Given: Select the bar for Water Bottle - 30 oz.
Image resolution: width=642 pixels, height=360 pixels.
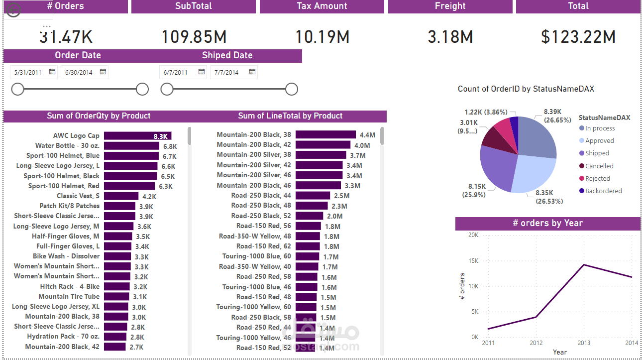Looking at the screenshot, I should [x=131, y=146].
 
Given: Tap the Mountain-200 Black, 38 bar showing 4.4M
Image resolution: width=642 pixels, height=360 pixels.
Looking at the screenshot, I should [x=325, y=135].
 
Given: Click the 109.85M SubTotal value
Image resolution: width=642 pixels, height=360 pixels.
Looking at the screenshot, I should [x=194, y=37].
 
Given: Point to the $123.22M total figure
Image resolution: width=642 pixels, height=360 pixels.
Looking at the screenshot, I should [x=578, y=37].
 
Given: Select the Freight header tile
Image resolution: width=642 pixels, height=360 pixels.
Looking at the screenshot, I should [x=450, y=6].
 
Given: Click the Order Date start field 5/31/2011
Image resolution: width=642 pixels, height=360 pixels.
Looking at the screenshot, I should [x=28, y=72].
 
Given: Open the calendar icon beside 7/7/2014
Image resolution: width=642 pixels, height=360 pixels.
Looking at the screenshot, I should [x=252, y=72].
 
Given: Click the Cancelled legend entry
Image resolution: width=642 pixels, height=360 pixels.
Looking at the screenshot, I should [x=599, y=166].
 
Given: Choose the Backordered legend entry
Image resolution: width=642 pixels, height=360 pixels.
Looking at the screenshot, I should [x=603, y=191].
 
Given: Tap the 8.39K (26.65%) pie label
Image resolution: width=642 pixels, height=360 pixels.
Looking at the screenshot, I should [x=557, y=116].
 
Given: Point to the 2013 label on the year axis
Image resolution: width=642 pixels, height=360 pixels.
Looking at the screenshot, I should [x=584, y=343].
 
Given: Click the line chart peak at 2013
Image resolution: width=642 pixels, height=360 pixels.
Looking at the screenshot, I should [x=584, y=264].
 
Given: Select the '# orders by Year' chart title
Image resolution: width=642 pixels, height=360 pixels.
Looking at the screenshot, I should [x=547, y=223].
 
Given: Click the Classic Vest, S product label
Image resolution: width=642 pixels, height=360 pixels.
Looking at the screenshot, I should [x=78, y=196].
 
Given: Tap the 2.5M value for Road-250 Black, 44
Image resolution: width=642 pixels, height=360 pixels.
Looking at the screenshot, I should [x=341, y=196].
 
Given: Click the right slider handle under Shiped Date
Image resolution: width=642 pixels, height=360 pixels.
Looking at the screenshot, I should [x=292, y=89].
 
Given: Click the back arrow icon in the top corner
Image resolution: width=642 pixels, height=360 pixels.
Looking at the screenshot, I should [x=13, y=10].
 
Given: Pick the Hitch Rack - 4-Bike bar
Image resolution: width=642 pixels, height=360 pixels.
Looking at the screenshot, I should [x=117, y=287].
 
